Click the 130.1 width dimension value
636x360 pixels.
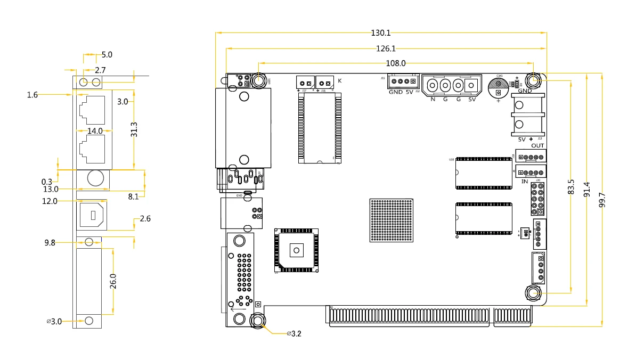tap(380, 33)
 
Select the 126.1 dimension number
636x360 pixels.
tap(386, 48)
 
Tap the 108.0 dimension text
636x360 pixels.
tap(395, 63)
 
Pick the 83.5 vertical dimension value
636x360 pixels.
tap(572, 186)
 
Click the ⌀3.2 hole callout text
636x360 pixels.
tap(294, 334)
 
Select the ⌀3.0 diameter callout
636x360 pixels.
tap(54, 321)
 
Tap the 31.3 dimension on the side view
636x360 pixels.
tap(134, 130)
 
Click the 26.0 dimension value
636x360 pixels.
tap(112, 281)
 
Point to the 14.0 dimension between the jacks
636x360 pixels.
tap(95, 130)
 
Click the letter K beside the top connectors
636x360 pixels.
tap(340, 81)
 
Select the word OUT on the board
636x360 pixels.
tap(537, 146)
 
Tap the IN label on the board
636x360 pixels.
tap(524, 182)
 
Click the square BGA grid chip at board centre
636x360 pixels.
tap(392, 220)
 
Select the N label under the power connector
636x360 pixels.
tap(433, 99)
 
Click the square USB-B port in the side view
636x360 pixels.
tap(92, 215)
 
